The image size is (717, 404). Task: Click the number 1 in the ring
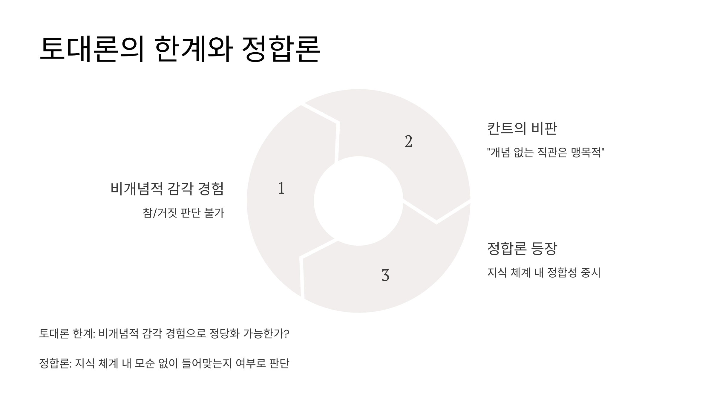[281, 188]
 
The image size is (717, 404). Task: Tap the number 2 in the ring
[408, 142]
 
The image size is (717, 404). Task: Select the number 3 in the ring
[385, 275]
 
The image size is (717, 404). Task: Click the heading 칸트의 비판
[522, 128]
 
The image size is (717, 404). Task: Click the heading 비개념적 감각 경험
[167, 189]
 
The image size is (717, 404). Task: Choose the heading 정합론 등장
[522, 248]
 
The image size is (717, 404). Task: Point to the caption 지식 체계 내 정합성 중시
[544, 273]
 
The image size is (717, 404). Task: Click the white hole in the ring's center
[358, 201]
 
